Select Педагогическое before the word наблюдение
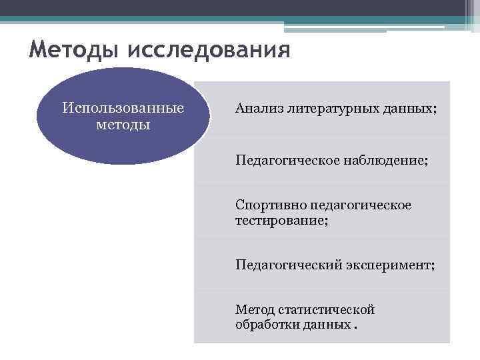coord(288,160)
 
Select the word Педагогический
coord(287,265)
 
